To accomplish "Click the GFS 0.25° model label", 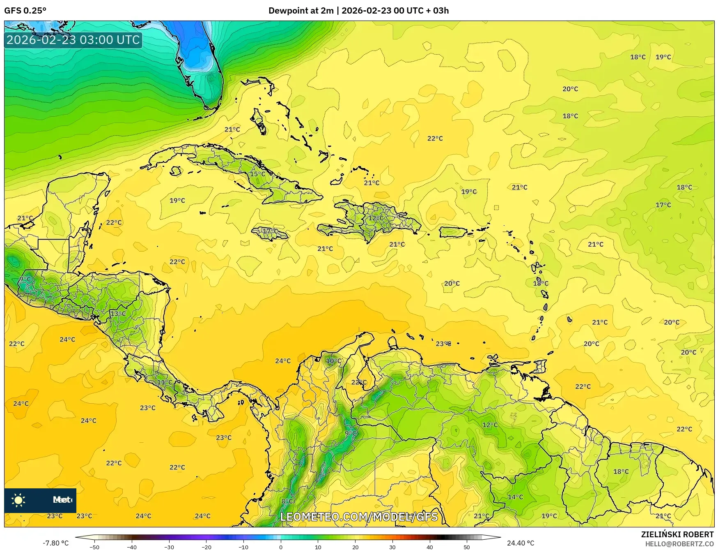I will click(x=25, y=11).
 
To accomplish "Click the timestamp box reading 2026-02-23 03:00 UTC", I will click(x=73, y=40).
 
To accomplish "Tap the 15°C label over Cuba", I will click(x=257, y=174).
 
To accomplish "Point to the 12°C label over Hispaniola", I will click(x=376, y=218).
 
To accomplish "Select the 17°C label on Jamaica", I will click(x=270, y=231).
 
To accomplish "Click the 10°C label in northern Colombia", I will click(x=333, y=361).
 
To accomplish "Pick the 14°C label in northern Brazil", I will click(x=515, y=497).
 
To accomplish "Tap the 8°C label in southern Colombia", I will click(x=287, y=501).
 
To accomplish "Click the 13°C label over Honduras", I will click(x=118, y=314).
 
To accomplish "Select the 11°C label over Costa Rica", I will click(x=165, y=382).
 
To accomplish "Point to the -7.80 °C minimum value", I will click(x=56, y=543).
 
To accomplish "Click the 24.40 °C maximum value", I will click(x=520, y=543).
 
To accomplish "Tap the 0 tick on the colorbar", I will click(x=281, y=547).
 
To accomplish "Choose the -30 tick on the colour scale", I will click(x=169, y=547).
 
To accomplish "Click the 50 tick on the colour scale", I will click(x=467, y=547).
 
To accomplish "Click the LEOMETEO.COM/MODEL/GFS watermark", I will click(x=359, y=517).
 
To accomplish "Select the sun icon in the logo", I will click(x=18, y=500).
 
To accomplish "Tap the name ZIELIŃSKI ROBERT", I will click(x=677, y=534).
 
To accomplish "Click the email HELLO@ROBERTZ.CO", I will click(x=679, y=544).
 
